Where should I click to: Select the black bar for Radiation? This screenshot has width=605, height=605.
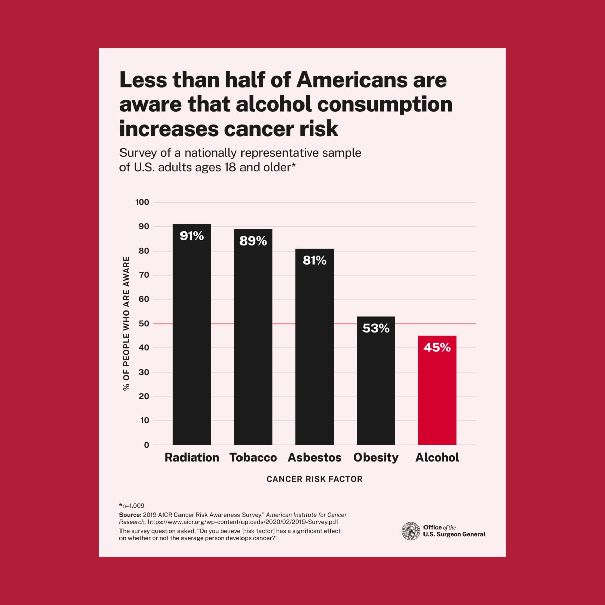click(x=192, y=343)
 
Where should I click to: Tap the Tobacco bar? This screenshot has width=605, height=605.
click(x=253, y=348)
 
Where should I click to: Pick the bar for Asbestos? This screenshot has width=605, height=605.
click(x=315, y=353)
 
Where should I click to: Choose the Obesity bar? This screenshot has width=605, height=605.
click(x=376, y=388)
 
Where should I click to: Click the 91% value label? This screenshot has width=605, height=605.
click(x=192, y=236)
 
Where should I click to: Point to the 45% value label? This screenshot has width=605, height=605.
click(x=437, y=347)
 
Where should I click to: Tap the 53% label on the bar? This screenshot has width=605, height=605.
click(x=376, y=328)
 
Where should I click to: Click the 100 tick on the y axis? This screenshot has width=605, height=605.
click(x=142, y=202)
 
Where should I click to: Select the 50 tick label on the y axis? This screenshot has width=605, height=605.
click(x=144, y=324)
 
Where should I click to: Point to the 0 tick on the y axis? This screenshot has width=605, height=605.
click(x=147, y=445)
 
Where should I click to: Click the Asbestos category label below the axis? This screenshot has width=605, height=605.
click(x=315, y=458)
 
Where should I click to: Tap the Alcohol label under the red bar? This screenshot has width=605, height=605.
click(x=437, y=458)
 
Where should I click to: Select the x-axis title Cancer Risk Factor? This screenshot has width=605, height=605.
click(x=315, y=479)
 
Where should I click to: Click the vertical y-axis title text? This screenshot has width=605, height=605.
click(x=126, y=323)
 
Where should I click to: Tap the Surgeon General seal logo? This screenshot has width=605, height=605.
click(x=411, y=531)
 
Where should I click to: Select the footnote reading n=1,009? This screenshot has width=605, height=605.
click(x=132, y=505)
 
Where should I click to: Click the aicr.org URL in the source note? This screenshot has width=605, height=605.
click(x=243, y=522)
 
